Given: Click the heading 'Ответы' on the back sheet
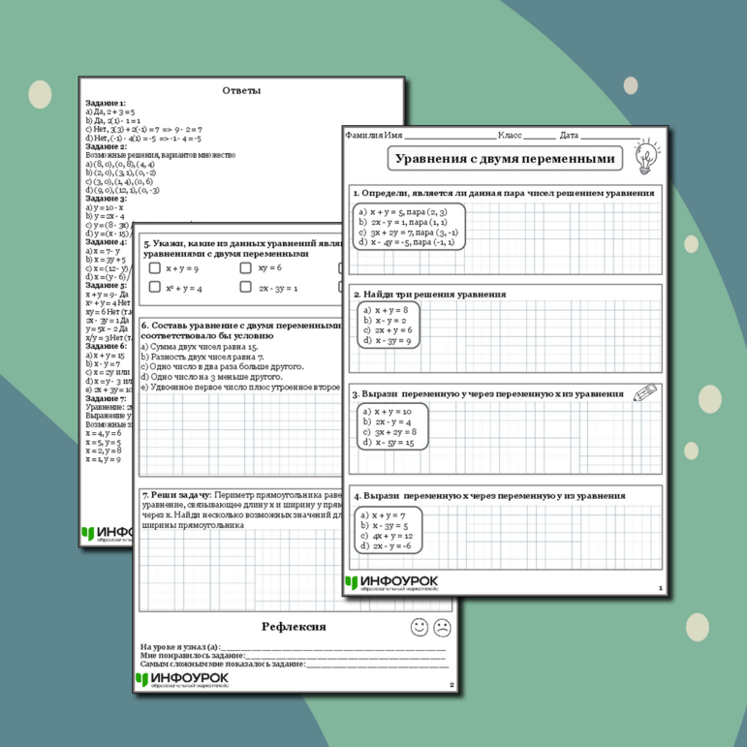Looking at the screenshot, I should tap(241, 91).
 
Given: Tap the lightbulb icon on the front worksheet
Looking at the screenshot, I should tap(643, 156).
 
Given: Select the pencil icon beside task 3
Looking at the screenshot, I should tap(644, 392).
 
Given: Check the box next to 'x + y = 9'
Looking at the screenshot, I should tap(155, 267).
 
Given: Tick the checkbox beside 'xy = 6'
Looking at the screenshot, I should tap(246, 267).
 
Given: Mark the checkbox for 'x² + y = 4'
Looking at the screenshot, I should tap(155, 288).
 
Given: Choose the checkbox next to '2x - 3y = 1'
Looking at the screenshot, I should tap(246, 288).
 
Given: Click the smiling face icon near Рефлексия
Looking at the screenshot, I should tap(419, 627).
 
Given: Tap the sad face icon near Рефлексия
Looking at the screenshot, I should tap(443, 627).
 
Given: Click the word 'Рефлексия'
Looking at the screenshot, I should tap(294, 627).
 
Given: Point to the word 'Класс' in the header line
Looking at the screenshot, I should tap(510, 135).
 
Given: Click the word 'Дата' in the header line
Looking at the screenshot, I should tap(569, 135).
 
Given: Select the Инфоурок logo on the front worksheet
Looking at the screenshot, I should tap(391, 583).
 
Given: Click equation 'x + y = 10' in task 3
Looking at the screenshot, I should tap(393, 411).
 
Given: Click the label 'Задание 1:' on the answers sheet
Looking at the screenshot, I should tap(106, 103).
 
